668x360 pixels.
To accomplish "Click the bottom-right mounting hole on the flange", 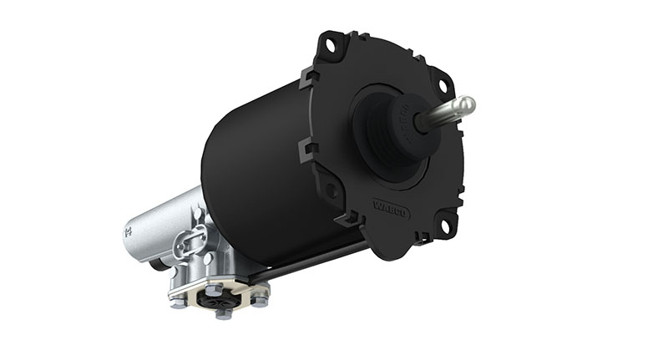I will tap(443, 225).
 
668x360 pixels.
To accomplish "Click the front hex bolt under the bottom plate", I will tap(223, 313).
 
